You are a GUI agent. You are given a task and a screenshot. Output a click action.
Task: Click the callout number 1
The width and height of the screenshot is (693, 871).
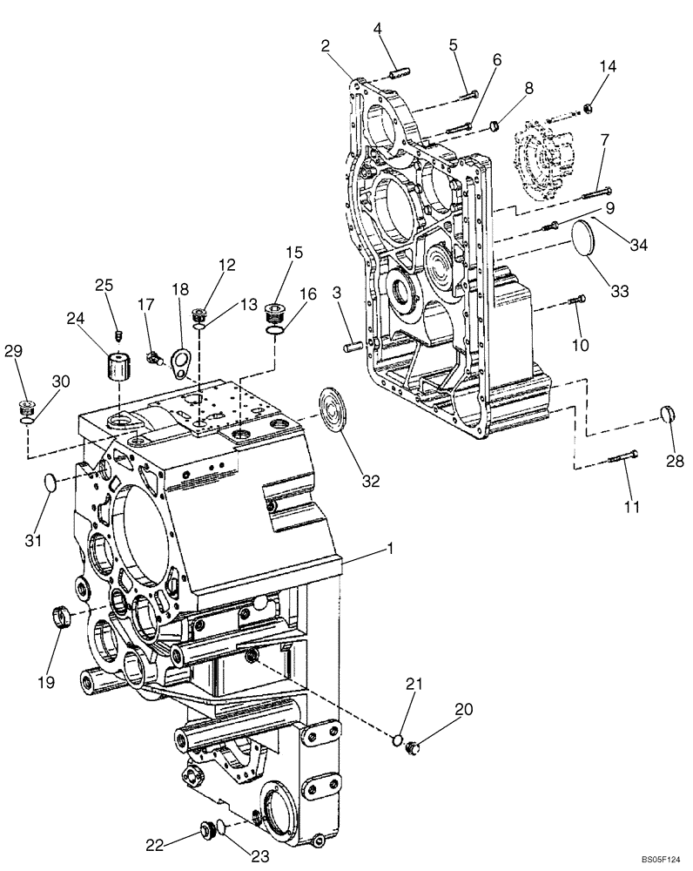[391, 550]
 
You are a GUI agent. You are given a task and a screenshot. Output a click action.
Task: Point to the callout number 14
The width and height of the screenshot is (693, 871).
[606, 67]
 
